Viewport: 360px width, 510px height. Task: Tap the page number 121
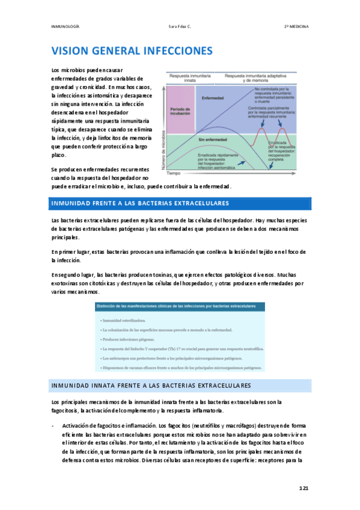point(304,488)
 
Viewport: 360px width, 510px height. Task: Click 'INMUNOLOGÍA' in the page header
point(66,26)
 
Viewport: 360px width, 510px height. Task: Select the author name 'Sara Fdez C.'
point(180,26)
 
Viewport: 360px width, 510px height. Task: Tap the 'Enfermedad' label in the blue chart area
point(212,98)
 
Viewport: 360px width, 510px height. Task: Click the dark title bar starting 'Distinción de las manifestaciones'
point(181,307)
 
